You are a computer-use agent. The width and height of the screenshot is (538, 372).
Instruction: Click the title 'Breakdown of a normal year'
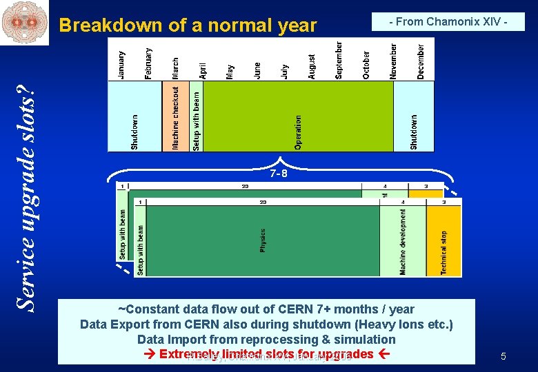tap(188, 25)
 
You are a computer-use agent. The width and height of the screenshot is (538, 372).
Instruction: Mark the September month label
tap(339, 60)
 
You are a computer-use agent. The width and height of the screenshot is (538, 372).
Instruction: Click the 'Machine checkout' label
tap(176, 117)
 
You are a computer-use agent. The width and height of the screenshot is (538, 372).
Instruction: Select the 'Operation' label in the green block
tap(298, 132)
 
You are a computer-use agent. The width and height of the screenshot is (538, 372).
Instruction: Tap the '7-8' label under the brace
tap(279, 174)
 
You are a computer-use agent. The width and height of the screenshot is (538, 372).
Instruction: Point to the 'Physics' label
tap(263, 240)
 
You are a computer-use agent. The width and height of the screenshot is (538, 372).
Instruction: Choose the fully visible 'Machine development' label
tap(403, 242)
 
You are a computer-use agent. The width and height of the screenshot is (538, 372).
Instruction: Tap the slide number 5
tap(504, 356)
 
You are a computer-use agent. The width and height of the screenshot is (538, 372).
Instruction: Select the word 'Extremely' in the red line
tap(184, 354)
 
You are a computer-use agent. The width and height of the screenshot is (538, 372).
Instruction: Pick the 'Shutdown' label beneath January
tap(134, 132)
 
